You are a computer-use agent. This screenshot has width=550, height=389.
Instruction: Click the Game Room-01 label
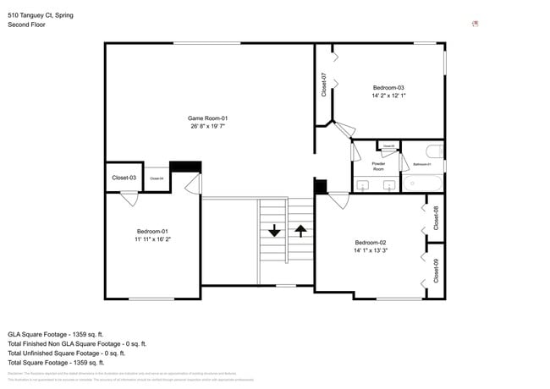pyautogui.click(x=208, y=118)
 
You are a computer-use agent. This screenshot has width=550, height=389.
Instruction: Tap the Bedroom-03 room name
pyautogui.click(x=388, y=88)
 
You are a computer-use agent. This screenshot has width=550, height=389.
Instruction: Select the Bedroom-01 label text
pyautogui.click(x=153, y=232)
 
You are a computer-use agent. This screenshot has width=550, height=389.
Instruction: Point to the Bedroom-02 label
pyautogui.click(x=371, y=243)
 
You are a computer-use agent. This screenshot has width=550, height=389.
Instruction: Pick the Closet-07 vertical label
pyautogui.click(x=324, y=85)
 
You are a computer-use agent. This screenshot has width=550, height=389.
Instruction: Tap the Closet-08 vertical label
pyautogui.click(x=436, y=218)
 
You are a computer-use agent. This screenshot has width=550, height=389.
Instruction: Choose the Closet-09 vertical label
pyautogui.click(x=436, y=271)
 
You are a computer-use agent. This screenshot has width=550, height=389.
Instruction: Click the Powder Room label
pyautogui.click(x=378, y=167)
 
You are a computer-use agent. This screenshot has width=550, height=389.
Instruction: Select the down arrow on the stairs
pyautogui.click(x=274, y=230)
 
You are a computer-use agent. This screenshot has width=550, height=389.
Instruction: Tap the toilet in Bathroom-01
pyautogui.click(x=433, y=152)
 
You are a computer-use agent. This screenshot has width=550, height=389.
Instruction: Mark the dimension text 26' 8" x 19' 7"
pyautogui.click(x=208, y=126)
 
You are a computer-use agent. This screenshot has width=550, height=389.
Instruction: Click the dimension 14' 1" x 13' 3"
pyautogui.click(x=371, y=250)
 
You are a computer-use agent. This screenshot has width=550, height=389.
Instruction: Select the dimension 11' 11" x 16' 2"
pyautogui.click(x=153, y=239)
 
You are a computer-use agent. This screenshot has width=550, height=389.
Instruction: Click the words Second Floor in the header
pyautogui.click(x=27, y=25)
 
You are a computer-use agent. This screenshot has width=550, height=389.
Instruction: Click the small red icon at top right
pyautogui.click(x=476, y=24)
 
